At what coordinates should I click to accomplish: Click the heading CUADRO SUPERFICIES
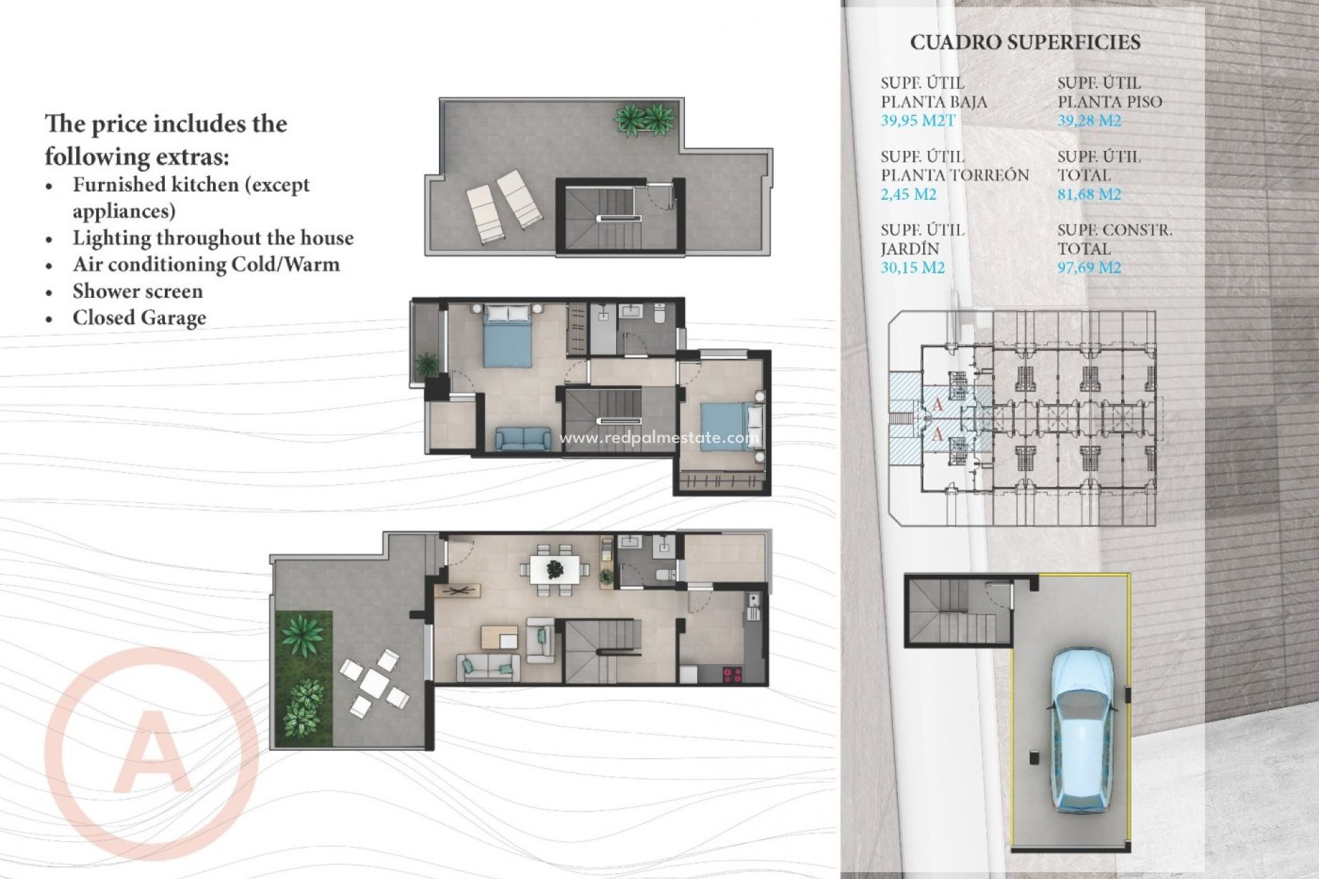(1025, 43)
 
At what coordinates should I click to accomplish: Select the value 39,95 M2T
(918, 121)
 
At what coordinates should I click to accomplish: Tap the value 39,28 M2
(1089, 121)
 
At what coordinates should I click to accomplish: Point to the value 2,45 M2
(908, 194)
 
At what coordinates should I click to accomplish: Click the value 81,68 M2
(1089, 194)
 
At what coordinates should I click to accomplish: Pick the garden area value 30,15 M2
(912, 268)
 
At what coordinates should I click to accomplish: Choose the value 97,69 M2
(1089, 268)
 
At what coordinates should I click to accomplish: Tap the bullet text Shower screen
(137, 291)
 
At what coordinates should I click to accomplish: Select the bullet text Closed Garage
(139, 318)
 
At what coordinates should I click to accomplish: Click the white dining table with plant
(554, 569)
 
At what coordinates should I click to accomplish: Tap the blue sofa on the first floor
(523, 439)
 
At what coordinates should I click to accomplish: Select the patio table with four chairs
(374, 683)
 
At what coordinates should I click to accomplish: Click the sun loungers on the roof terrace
(504, 206)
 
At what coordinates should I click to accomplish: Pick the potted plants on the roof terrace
(644, 119)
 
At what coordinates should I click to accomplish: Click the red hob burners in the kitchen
(732, 675)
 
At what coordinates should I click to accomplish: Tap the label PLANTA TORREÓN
(955, 175)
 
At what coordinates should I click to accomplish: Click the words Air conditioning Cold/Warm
(206, 264)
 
